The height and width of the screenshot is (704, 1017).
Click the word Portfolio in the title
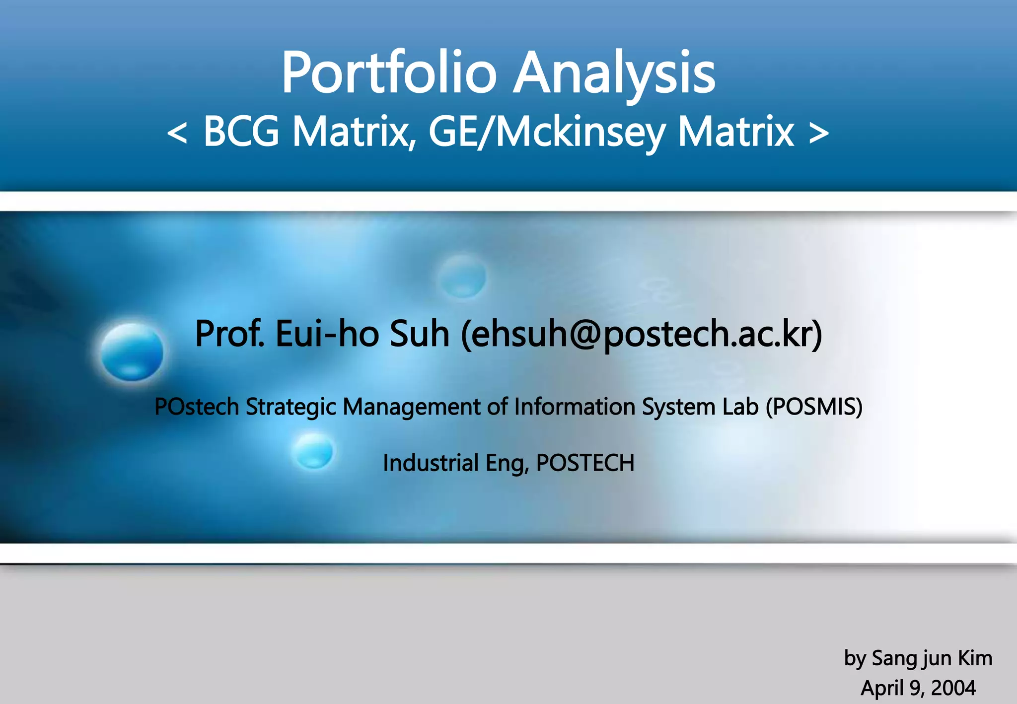click(389, 73)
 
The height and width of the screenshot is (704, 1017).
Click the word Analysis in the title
click(614, 73)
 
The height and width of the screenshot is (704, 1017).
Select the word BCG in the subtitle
click(241, 131)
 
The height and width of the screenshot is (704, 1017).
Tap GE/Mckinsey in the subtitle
click(547, 132)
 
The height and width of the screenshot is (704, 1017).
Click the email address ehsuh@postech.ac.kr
click(642, 334)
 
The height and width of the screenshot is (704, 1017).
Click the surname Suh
click(420, 334)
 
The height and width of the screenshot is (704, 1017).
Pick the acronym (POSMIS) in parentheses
click(814, 407)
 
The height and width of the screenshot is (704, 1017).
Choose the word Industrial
click(431, 463)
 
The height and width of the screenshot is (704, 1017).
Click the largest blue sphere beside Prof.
click(132, 352)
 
